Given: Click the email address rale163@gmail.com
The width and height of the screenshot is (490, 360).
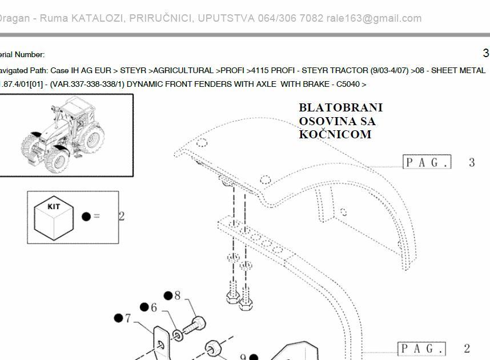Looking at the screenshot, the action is (373, 18).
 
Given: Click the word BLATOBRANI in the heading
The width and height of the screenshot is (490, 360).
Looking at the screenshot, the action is (340, 107).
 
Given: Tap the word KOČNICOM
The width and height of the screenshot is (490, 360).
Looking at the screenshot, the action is (335, 134).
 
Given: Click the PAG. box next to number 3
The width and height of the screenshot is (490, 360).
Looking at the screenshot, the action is (427, 162).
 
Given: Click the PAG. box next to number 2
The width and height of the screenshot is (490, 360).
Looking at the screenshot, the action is (421, 349).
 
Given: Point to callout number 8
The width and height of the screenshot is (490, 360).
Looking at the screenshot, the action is (177, 295).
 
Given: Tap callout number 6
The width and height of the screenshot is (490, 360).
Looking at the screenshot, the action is (154, 307).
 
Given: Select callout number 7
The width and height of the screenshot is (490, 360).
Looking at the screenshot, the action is (128, 318).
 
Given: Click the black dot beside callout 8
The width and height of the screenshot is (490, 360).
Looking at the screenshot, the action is (168, 295).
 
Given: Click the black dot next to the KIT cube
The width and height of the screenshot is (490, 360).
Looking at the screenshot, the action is (86, 217).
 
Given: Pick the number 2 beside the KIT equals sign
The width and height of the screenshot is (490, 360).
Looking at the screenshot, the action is (122, 216).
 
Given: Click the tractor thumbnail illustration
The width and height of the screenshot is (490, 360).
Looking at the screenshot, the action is (62, 135).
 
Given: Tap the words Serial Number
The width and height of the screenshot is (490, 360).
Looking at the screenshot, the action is (21, 55).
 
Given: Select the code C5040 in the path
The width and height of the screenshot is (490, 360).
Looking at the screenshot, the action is (348, 85).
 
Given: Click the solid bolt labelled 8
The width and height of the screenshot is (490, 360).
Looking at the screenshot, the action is (194, 325).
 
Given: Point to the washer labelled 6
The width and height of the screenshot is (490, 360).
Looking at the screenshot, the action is (178, 335).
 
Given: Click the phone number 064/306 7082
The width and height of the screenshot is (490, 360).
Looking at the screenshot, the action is (290, 18).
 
